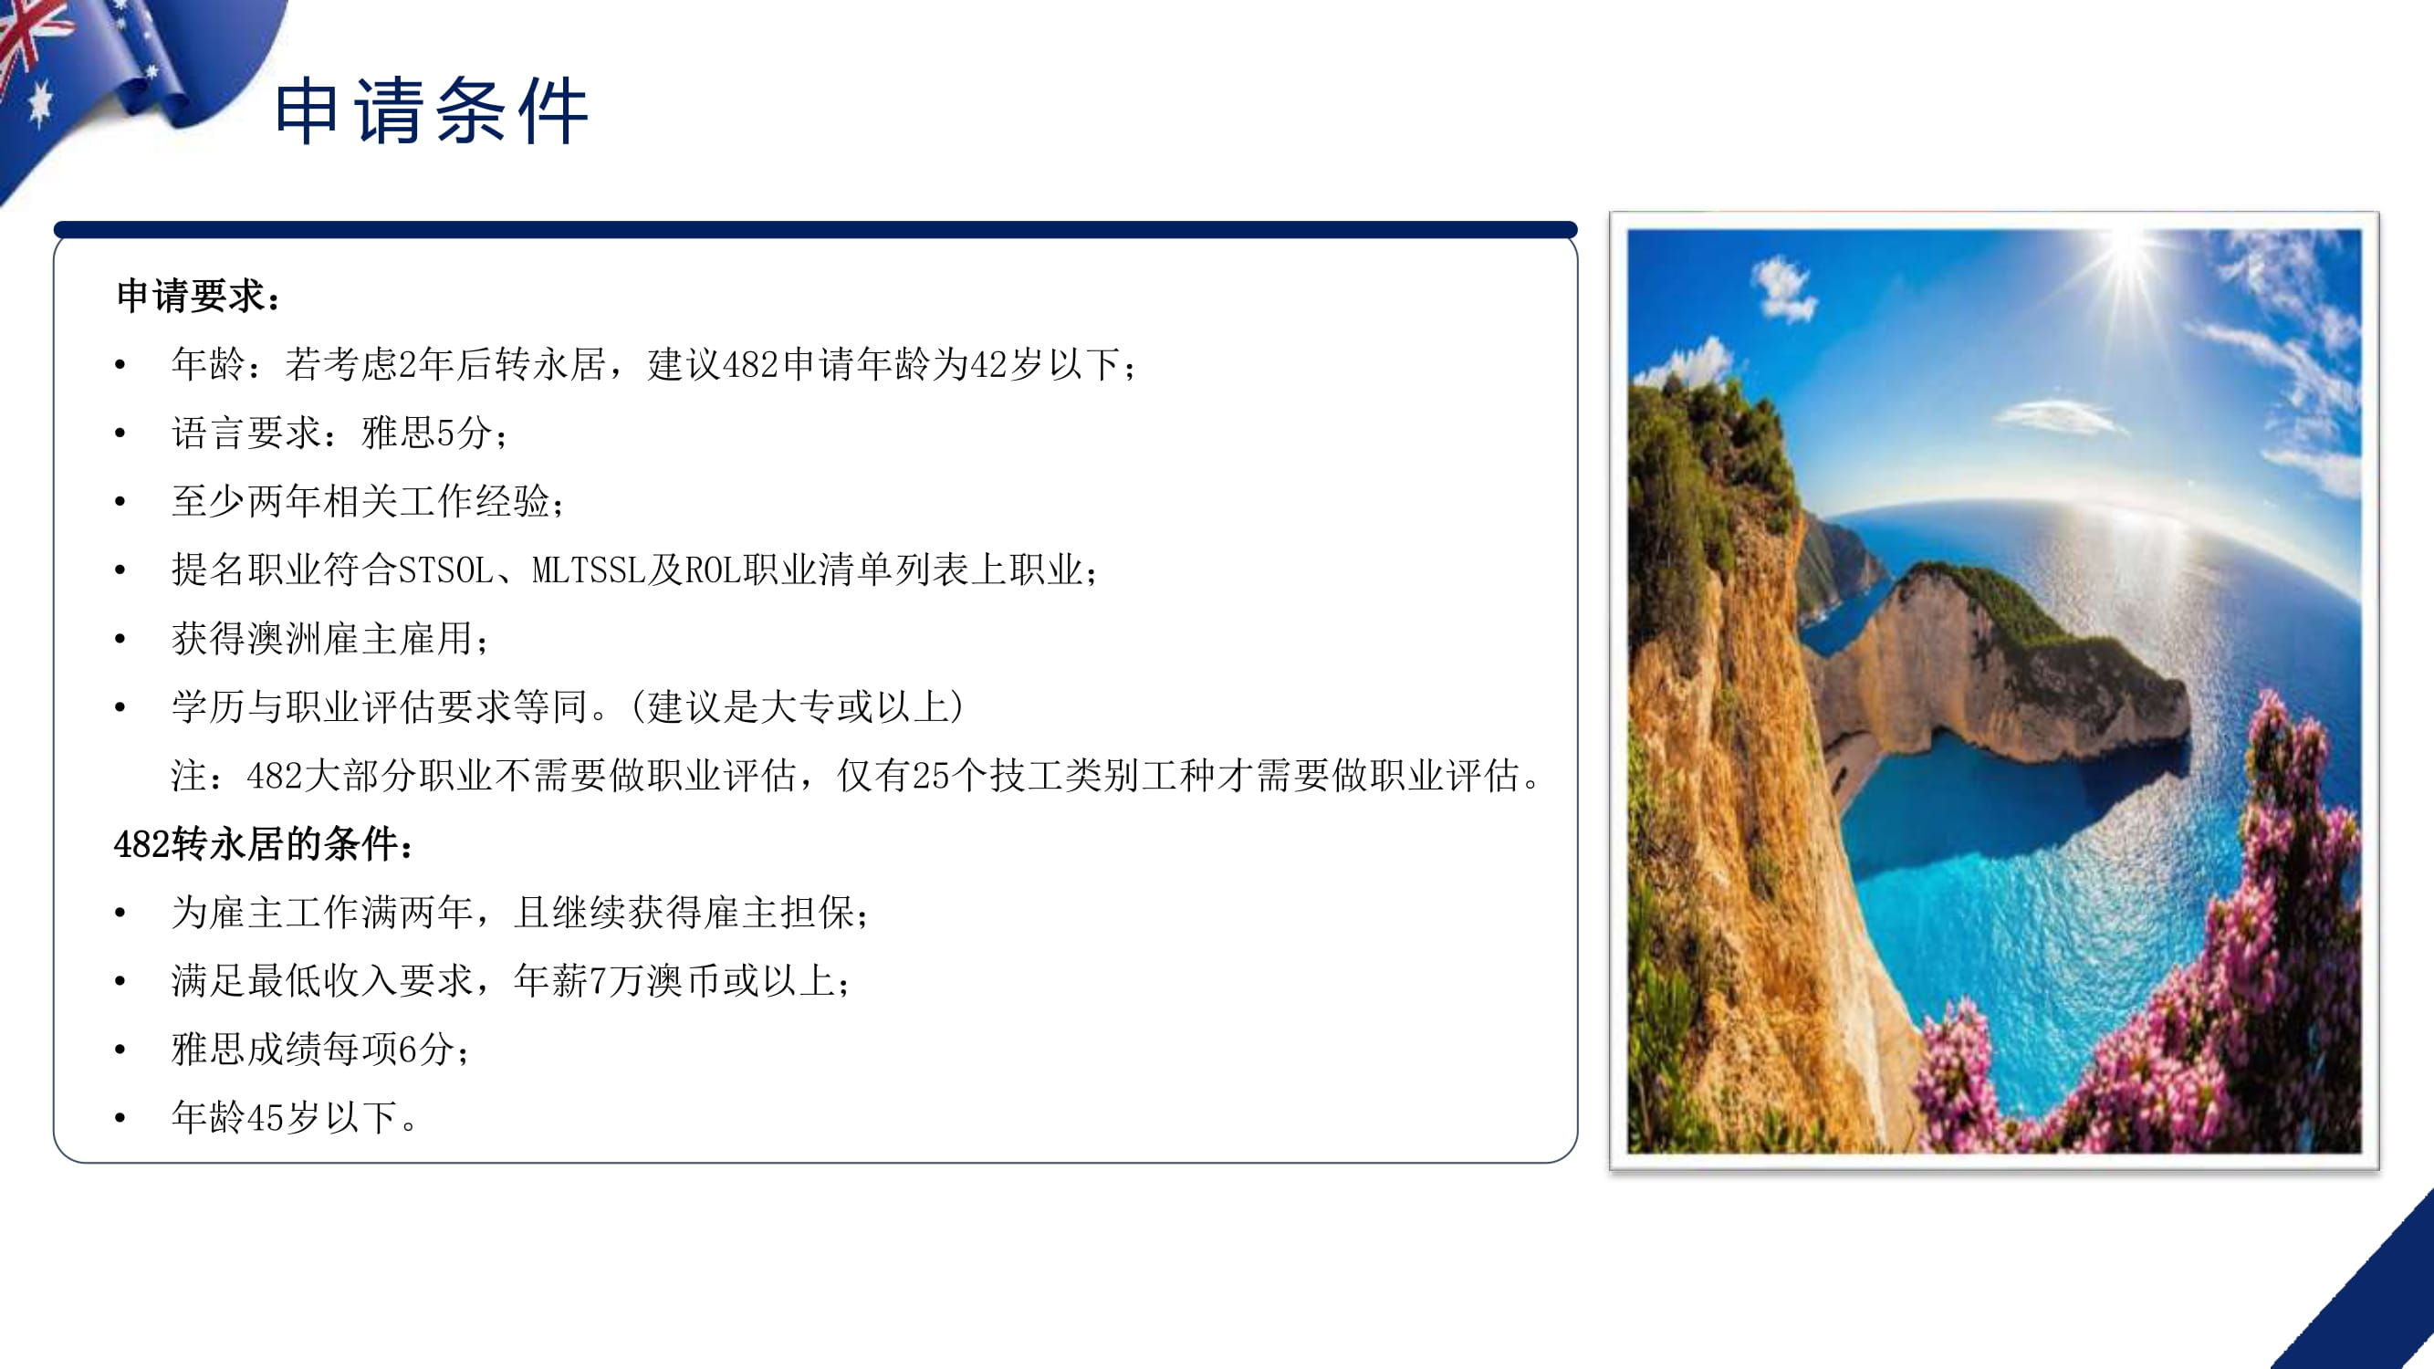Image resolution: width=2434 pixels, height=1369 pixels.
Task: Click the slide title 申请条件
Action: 432,111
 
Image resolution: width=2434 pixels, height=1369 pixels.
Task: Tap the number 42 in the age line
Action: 988,365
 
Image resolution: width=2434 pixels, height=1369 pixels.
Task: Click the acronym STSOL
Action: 445,570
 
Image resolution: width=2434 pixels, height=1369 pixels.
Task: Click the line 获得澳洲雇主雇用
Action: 322,639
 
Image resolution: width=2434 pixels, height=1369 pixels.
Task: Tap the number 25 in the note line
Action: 931,776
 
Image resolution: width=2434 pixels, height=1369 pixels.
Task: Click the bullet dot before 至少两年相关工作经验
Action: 120,503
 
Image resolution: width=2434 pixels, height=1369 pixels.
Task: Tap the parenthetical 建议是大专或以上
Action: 799,706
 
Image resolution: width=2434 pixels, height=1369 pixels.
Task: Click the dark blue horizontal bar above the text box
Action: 815,230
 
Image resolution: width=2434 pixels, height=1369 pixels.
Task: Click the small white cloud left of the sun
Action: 1783,287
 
